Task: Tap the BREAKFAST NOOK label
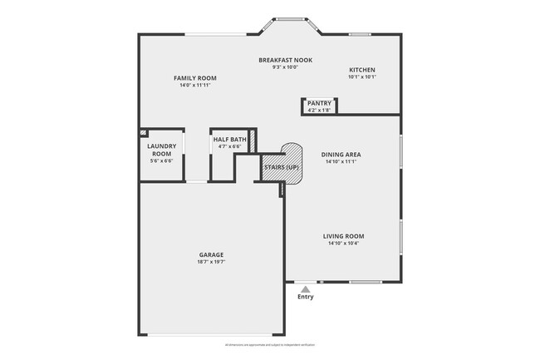click(284, 61)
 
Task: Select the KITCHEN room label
click(361, 70)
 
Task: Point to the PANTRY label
click(319, 104)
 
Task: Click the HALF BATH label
click(229, 140)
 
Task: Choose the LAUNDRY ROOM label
click(160, 150)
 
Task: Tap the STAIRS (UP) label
click(281, 167)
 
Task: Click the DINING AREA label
click(341, 155)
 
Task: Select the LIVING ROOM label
click(343, 236)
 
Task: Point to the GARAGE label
click(211, 254)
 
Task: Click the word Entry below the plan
click(306, 297)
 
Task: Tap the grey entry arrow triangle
click(306, 288)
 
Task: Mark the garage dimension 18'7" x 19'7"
click(211, 262)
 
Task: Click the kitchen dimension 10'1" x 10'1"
click(361, 77)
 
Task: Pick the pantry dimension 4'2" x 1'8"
click(319, 111)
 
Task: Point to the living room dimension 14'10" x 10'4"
click(343, 244)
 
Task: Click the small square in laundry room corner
click(143, 131)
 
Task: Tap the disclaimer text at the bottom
click(270, 344)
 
